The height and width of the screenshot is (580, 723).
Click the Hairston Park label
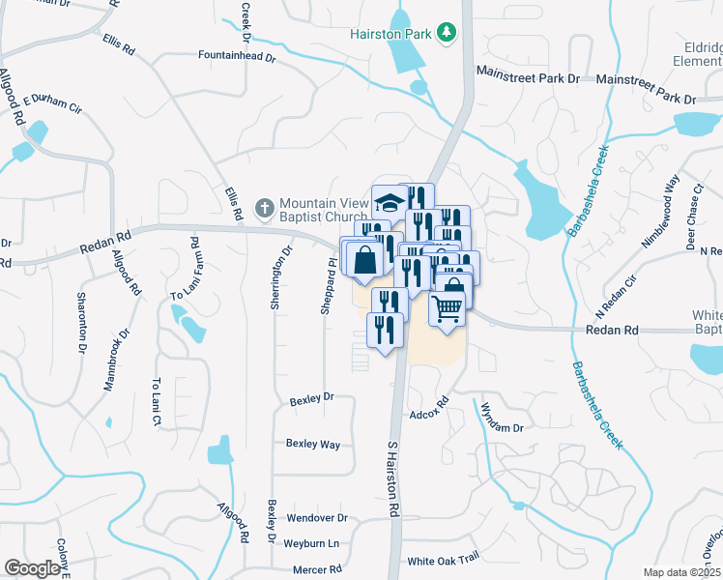coord(390,34)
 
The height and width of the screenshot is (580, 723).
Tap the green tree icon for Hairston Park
coord(446,33)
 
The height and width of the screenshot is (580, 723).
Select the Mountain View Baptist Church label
coord(324,210)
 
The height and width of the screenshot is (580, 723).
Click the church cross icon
coord(263,208)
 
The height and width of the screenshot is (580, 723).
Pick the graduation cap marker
coord(390,202)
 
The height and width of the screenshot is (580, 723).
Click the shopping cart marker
coord(447,308)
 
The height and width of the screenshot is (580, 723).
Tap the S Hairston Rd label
coord(393,479)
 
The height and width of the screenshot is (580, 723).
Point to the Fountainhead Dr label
coord(237,58)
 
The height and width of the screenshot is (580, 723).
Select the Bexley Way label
coord(312,444)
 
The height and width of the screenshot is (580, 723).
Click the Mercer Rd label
coord(321,569)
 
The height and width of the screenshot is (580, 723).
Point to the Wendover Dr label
coord(316,518)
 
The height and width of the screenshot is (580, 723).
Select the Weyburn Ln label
coord(313,543)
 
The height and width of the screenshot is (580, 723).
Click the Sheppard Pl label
coord(328,285)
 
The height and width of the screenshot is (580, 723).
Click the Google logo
coord(32,568)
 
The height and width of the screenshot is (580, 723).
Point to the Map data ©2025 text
coord(680,572)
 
